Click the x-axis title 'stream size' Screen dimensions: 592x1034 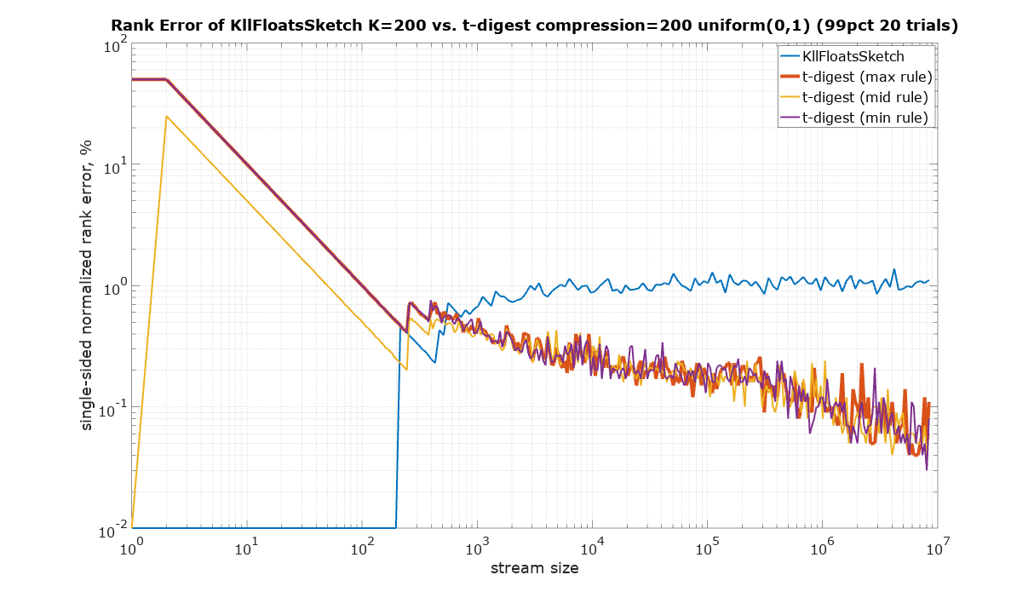pos(535,568)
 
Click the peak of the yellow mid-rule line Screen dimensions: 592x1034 pos(167,117)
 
